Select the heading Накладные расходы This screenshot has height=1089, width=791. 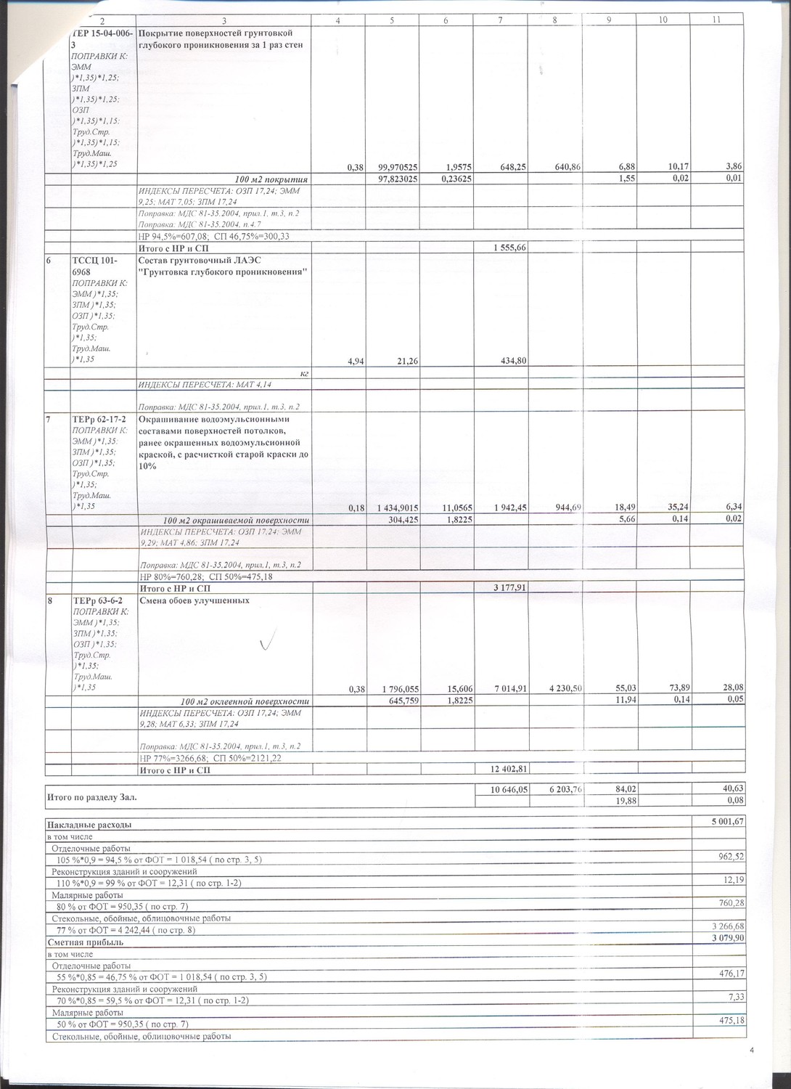coord(89,825)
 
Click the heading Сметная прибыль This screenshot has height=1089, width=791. coord(85,942)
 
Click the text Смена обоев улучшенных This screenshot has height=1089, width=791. coord(194,600)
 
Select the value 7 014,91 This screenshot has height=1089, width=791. coord(506,688)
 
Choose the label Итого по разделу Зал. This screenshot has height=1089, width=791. coord(91,797)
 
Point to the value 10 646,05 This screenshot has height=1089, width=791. coord(503,788)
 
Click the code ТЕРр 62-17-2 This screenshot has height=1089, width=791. coord(98,419)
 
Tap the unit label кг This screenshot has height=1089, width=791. coord(306,372)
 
